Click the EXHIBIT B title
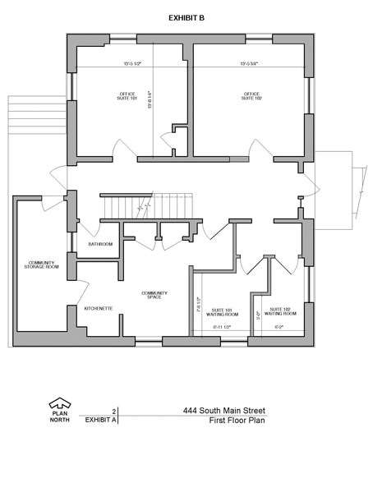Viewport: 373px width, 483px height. (x=186, y=16)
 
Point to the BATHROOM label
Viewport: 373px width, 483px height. (x=100, y=244)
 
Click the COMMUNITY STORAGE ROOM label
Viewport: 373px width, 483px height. (x=40, y=264)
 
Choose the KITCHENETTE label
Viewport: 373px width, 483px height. (x=99, y=308)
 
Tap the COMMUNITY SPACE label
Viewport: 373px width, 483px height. (x=154, y=294)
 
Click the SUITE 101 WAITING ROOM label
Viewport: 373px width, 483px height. (x=219, y=312)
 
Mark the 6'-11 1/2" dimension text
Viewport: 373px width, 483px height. (x=220, y=327)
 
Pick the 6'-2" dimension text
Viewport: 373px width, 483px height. (x=279, y=327)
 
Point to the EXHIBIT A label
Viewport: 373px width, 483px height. (x=100, y=419)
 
